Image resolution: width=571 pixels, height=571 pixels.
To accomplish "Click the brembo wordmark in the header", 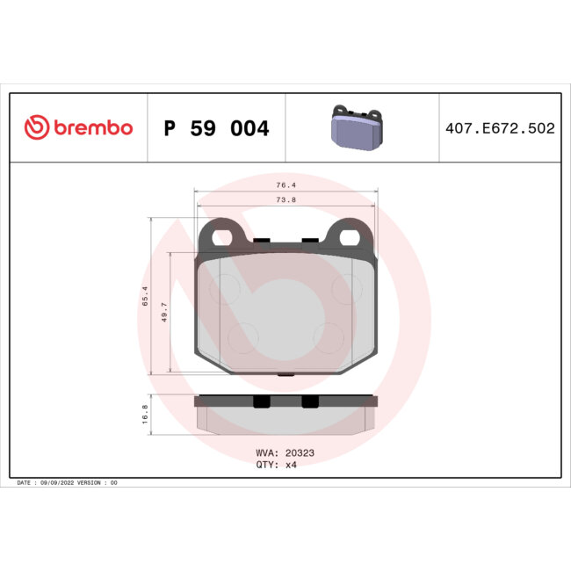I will coord(93,128).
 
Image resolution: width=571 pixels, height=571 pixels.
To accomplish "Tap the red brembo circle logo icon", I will coord(36,128).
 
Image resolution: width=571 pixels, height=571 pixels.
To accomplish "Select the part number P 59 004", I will coord(216,129).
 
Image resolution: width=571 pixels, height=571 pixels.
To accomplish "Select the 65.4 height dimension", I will coord(146,296).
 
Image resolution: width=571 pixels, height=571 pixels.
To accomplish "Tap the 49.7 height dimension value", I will coord(164,314).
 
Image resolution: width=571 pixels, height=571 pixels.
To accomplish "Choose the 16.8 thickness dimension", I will coord(146,415).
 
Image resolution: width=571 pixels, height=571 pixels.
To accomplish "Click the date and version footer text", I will coord(67,483).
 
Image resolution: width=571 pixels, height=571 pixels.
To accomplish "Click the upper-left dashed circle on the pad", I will coord(226,288).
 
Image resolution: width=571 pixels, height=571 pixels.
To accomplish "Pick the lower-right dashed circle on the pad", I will coord(331,336).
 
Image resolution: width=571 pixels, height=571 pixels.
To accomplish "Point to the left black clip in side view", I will coord(260,401).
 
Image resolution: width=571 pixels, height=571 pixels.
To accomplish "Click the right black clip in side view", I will coord(309,401).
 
